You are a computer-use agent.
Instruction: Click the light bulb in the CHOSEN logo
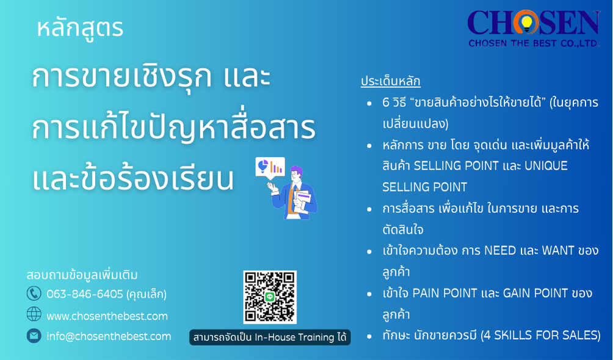pyautogui.click(x=526, y=23)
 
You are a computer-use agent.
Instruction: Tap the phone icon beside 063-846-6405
pyautogui.click(x=34, y=293)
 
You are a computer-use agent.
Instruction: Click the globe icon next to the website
pyautogui.click(x=34, y=314)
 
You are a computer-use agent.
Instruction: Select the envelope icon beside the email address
pyautogui.click(x=34, y=336)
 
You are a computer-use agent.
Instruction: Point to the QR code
pyautogui.click(x=270, y=297)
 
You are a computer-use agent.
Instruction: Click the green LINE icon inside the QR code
pyautogui.click(x=270, y=297)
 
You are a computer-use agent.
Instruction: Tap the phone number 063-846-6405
pyautogui.click(x=85, y=294)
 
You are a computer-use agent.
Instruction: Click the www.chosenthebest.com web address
pyautogui.click(x=107, y=316)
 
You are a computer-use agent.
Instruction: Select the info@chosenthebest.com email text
pyautogui.click(x=109, y=336)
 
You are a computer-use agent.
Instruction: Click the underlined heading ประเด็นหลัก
pyautogui.click(x=391, y=81)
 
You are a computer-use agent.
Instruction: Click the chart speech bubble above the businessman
pyautogui.click(x=270, y=168)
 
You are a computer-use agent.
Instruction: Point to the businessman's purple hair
pyautogui.click(x=297, y=171)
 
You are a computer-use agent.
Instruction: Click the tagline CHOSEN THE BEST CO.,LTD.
pyautogui.click(x=534, y=43)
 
